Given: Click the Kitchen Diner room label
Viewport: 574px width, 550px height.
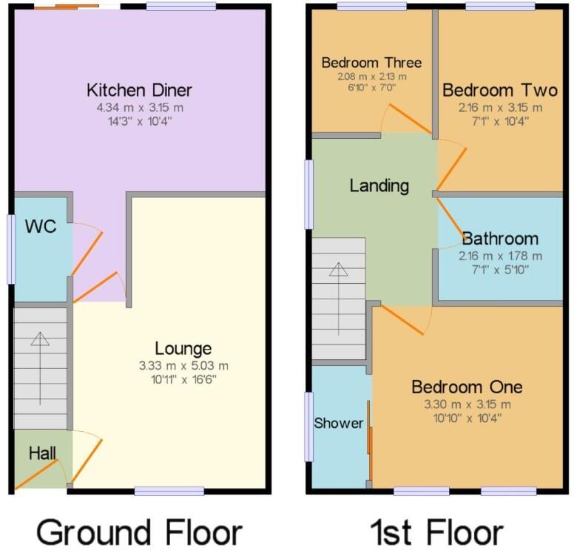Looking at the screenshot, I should [x=139, y=90].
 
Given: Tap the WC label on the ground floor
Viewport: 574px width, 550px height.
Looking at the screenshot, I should [x=40, y=226].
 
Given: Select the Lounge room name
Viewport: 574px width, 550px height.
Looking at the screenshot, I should [x=183, y=348].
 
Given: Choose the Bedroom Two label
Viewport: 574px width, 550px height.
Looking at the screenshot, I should [x=499, y=90].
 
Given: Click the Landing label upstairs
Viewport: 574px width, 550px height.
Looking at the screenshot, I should [x=379, y=185].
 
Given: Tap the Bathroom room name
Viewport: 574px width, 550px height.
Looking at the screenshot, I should [x=500, y=239].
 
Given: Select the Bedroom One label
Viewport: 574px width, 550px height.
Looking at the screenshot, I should [x=467, y=387].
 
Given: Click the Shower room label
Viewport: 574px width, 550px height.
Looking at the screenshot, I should [x=339, y=423].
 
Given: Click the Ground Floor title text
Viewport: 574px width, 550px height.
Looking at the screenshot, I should [x=139, y=531].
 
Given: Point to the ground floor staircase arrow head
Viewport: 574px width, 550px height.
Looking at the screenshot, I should [x=40, y=339].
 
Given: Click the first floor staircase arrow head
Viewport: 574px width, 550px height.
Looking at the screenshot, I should [x=338, y=269].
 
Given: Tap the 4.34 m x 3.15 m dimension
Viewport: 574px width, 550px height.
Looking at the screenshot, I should [x=139, y=108].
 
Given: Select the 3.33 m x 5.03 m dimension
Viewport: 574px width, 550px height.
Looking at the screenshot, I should [x=183, y=365].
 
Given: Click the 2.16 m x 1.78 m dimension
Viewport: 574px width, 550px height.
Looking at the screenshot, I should [x=500, y=256].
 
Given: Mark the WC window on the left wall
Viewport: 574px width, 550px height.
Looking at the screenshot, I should [x=10, y=249].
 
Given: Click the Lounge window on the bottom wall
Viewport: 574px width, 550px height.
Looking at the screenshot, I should [x=169, y=491].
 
